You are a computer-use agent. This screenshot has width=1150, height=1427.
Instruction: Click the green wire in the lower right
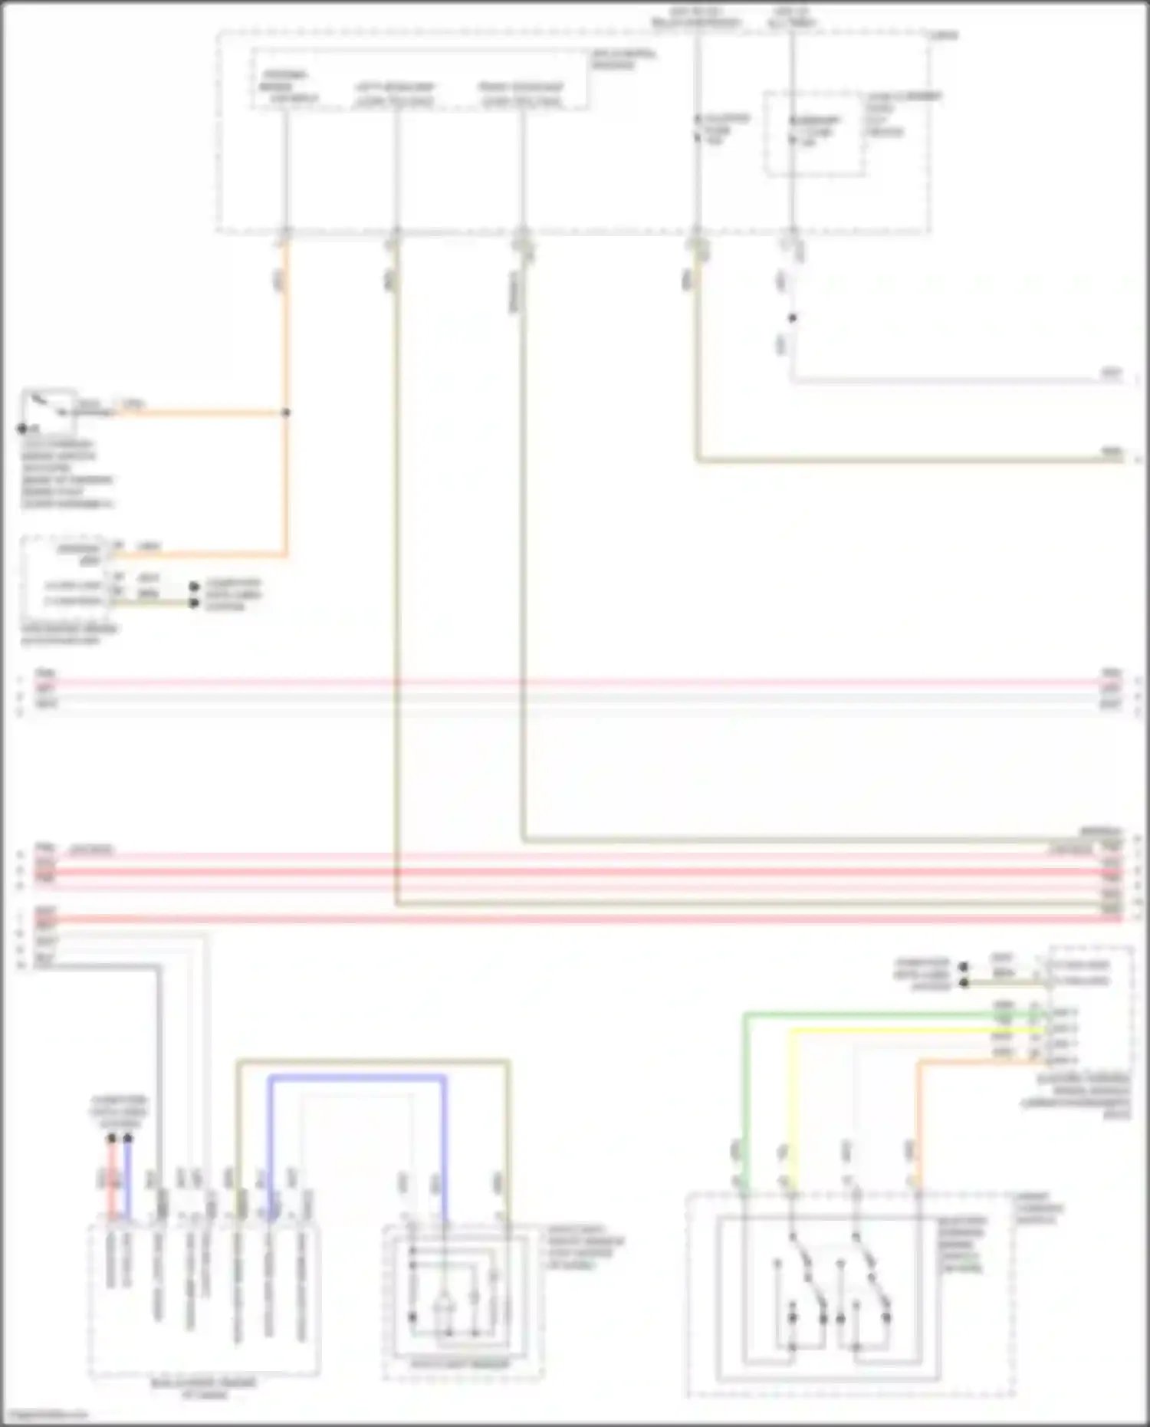(x=744, y=1089)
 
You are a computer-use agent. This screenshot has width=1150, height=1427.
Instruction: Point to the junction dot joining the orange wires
(x=286, y=413)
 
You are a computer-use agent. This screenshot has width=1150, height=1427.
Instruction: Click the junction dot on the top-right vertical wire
(x=793, y=317)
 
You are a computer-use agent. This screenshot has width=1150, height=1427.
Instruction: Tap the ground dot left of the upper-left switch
(x=22, y=429)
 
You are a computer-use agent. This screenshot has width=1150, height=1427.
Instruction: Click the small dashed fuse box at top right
(x=814, y=133)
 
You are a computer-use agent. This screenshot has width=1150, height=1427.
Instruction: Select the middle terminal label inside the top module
(x=394, y=94)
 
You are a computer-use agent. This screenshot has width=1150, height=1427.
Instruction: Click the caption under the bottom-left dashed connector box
(x=204, y=1389)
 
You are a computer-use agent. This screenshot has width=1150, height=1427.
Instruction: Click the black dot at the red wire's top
(x=112, y=1139)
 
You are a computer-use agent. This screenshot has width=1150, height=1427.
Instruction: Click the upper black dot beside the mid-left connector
(x=195, y=587)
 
